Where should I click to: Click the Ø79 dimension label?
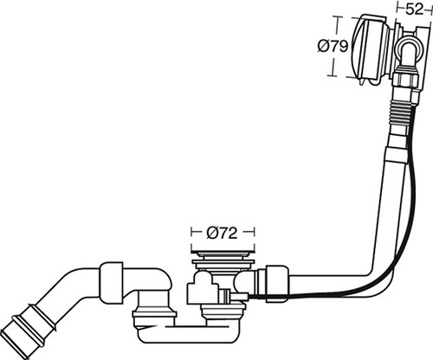[333, 46]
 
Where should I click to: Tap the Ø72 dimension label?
[222, 233]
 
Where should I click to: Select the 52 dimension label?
[414, 9]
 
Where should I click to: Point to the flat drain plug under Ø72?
[223, 254]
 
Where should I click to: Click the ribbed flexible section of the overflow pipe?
[403, 113]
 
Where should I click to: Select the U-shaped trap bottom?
[191, 335]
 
